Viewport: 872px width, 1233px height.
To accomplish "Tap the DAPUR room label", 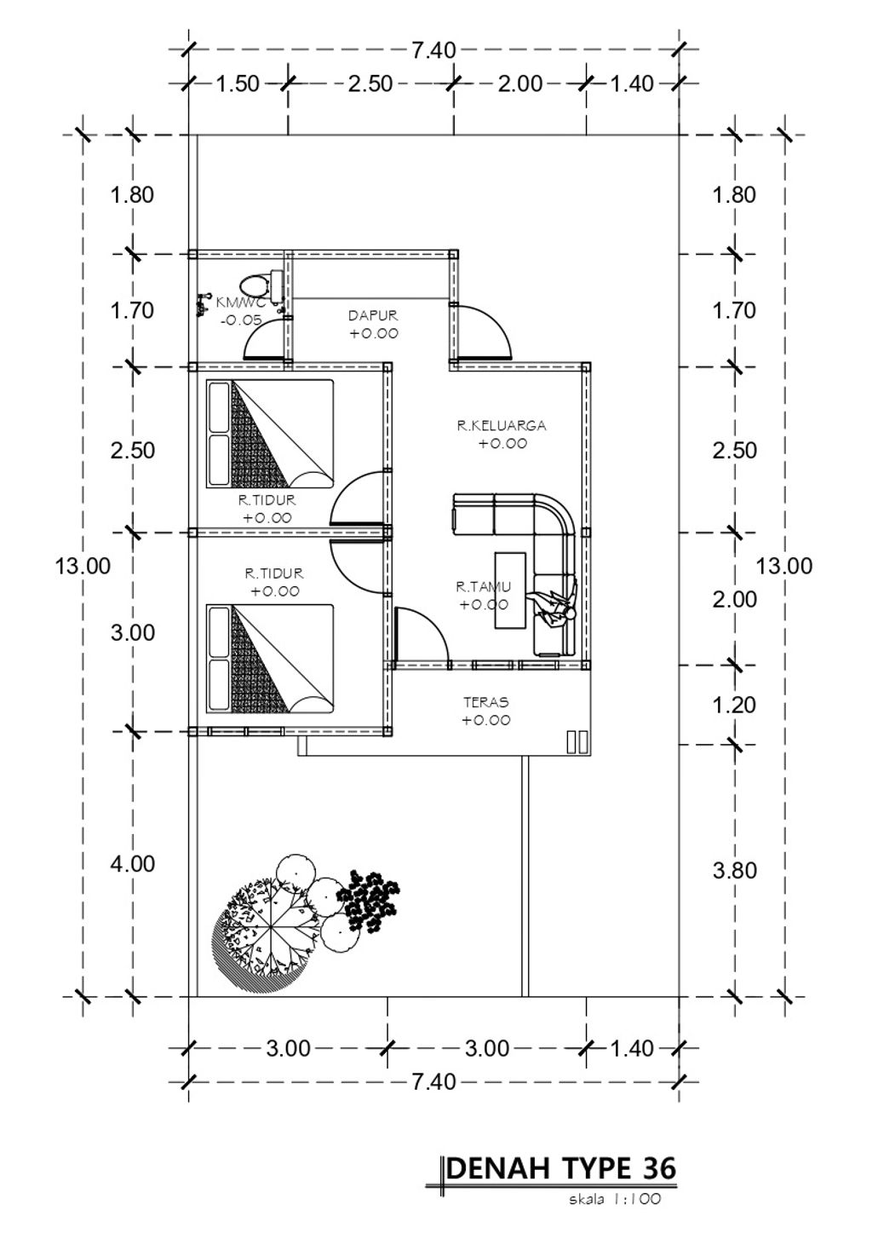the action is click(373, 315).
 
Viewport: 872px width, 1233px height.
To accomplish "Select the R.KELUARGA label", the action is click(502, 425).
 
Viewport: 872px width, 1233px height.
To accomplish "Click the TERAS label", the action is click(485, 702).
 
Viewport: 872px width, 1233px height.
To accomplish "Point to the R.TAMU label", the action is click(483, 587).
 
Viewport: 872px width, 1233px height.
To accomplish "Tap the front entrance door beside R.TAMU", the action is click(422, 635).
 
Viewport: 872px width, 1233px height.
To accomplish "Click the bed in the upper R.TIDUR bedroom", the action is click(270, 434).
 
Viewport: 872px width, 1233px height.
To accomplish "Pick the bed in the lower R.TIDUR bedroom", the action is click(270, 659).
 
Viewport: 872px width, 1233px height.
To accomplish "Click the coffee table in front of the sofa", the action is click(510, 590).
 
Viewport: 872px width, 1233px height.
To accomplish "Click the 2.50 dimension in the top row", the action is click(370, 84).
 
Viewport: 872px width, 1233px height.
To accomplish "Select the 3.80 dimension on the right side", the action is click(734, 871).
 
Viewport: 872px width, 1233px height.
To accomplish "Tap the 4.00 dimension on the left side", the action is click(133, 864).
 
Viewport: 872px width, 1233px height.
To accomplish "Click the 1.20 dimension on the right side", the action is click(734, 706).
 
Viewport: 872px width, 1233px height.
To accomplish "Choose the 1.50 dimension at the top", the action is click(237, 84).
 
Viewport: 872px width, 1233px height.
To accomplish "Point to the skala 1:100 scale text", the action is click(615, 1199).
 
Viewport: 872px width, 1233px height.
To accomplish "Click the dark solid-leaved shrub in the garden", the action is click(368, 901).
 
